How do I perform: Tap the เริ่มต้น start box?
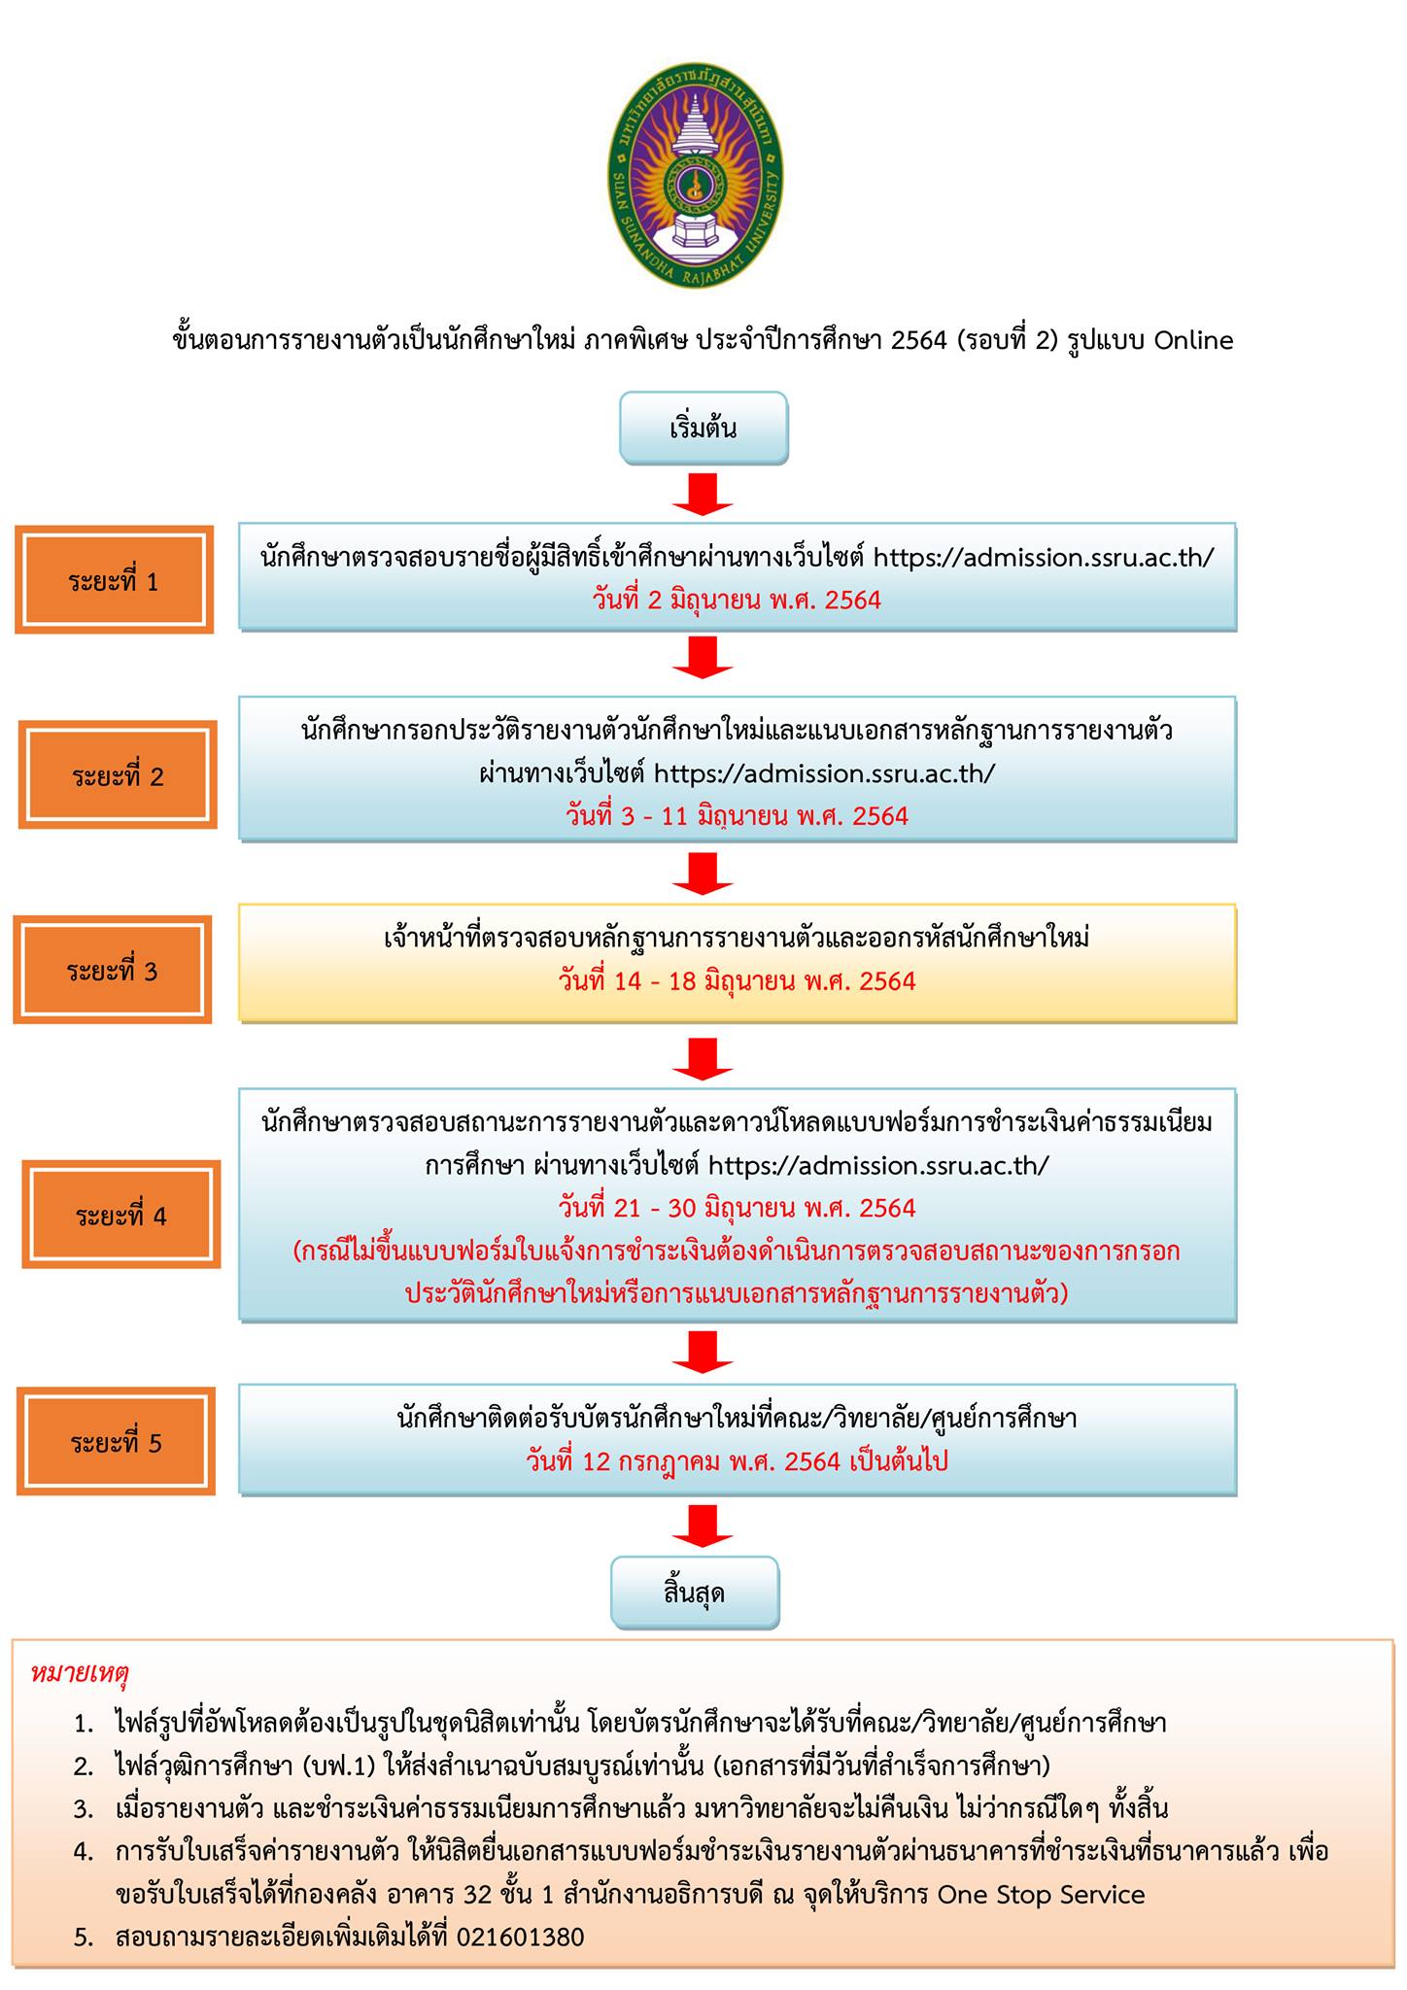pyautogui.click(x=703, y=428)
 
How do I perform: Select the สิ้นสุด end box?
pyautogui.click(x=695, y=1593)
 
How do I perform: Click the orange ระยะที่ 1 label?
pyautogui.click(x=114, y=581)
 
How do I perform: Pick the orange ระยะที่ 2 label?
pyautogui.click(x=118, y=775)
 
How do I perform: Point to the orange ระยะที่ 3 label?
pyautogui.click(x=113, y=970)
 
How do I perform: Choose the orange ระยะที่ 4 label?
pyautogui.click(x=121, y=1215)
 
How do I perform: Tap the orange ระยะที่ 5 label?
pyautogui.click(x=116, y=1442)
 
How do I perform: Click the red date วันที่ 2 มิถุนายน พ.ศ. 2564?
pyautogui.click(x=737, y=600)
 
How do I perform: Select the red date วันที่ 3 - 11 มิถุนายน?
pyautogui.click(x=737, y=815)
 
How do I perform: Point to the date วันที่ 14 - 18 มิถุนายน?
pyautogui.click(x=737, y=980)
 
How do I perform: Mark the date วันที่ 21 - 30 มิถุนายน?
pyautogui.click(x=737, y=1208)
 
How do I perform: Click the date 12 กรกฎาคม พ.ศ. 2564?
pyautogui.click(x=737, y=1460)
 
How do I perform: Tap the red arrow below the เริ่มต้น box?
pyautogui.click(x=703, y=494)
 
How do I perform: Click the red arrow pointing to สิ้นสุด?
pyautogui.click(x=703, y=1526)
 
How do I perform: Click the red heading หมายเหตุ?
pyautogui.click(x=81, y=1674)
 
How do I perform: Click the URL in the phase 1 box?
pyautogui.click(x=1044, y=558)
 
